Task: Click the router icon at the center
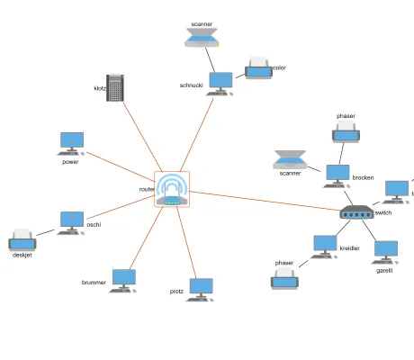coord(172,189)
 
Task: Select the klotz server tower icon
coord(114,87)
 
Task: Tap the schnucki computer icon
coord(220,82)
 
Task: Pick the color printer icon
coord(258,67)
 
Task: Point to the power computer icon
coord(72,142)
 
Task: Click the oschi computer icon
coord(71,222)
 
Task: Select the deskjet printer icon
coord(22,240)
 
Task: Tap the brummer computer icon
coord(122,279)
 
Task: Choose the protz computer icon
coord(201,288)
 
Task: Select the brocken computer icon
coord(337,175)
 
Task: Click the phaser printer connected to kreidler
coord(284,278)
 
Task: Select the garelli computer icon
coord(385,251)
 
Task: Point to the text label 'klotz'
coord(99,88)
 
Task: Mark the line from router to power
coord(121,166)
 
